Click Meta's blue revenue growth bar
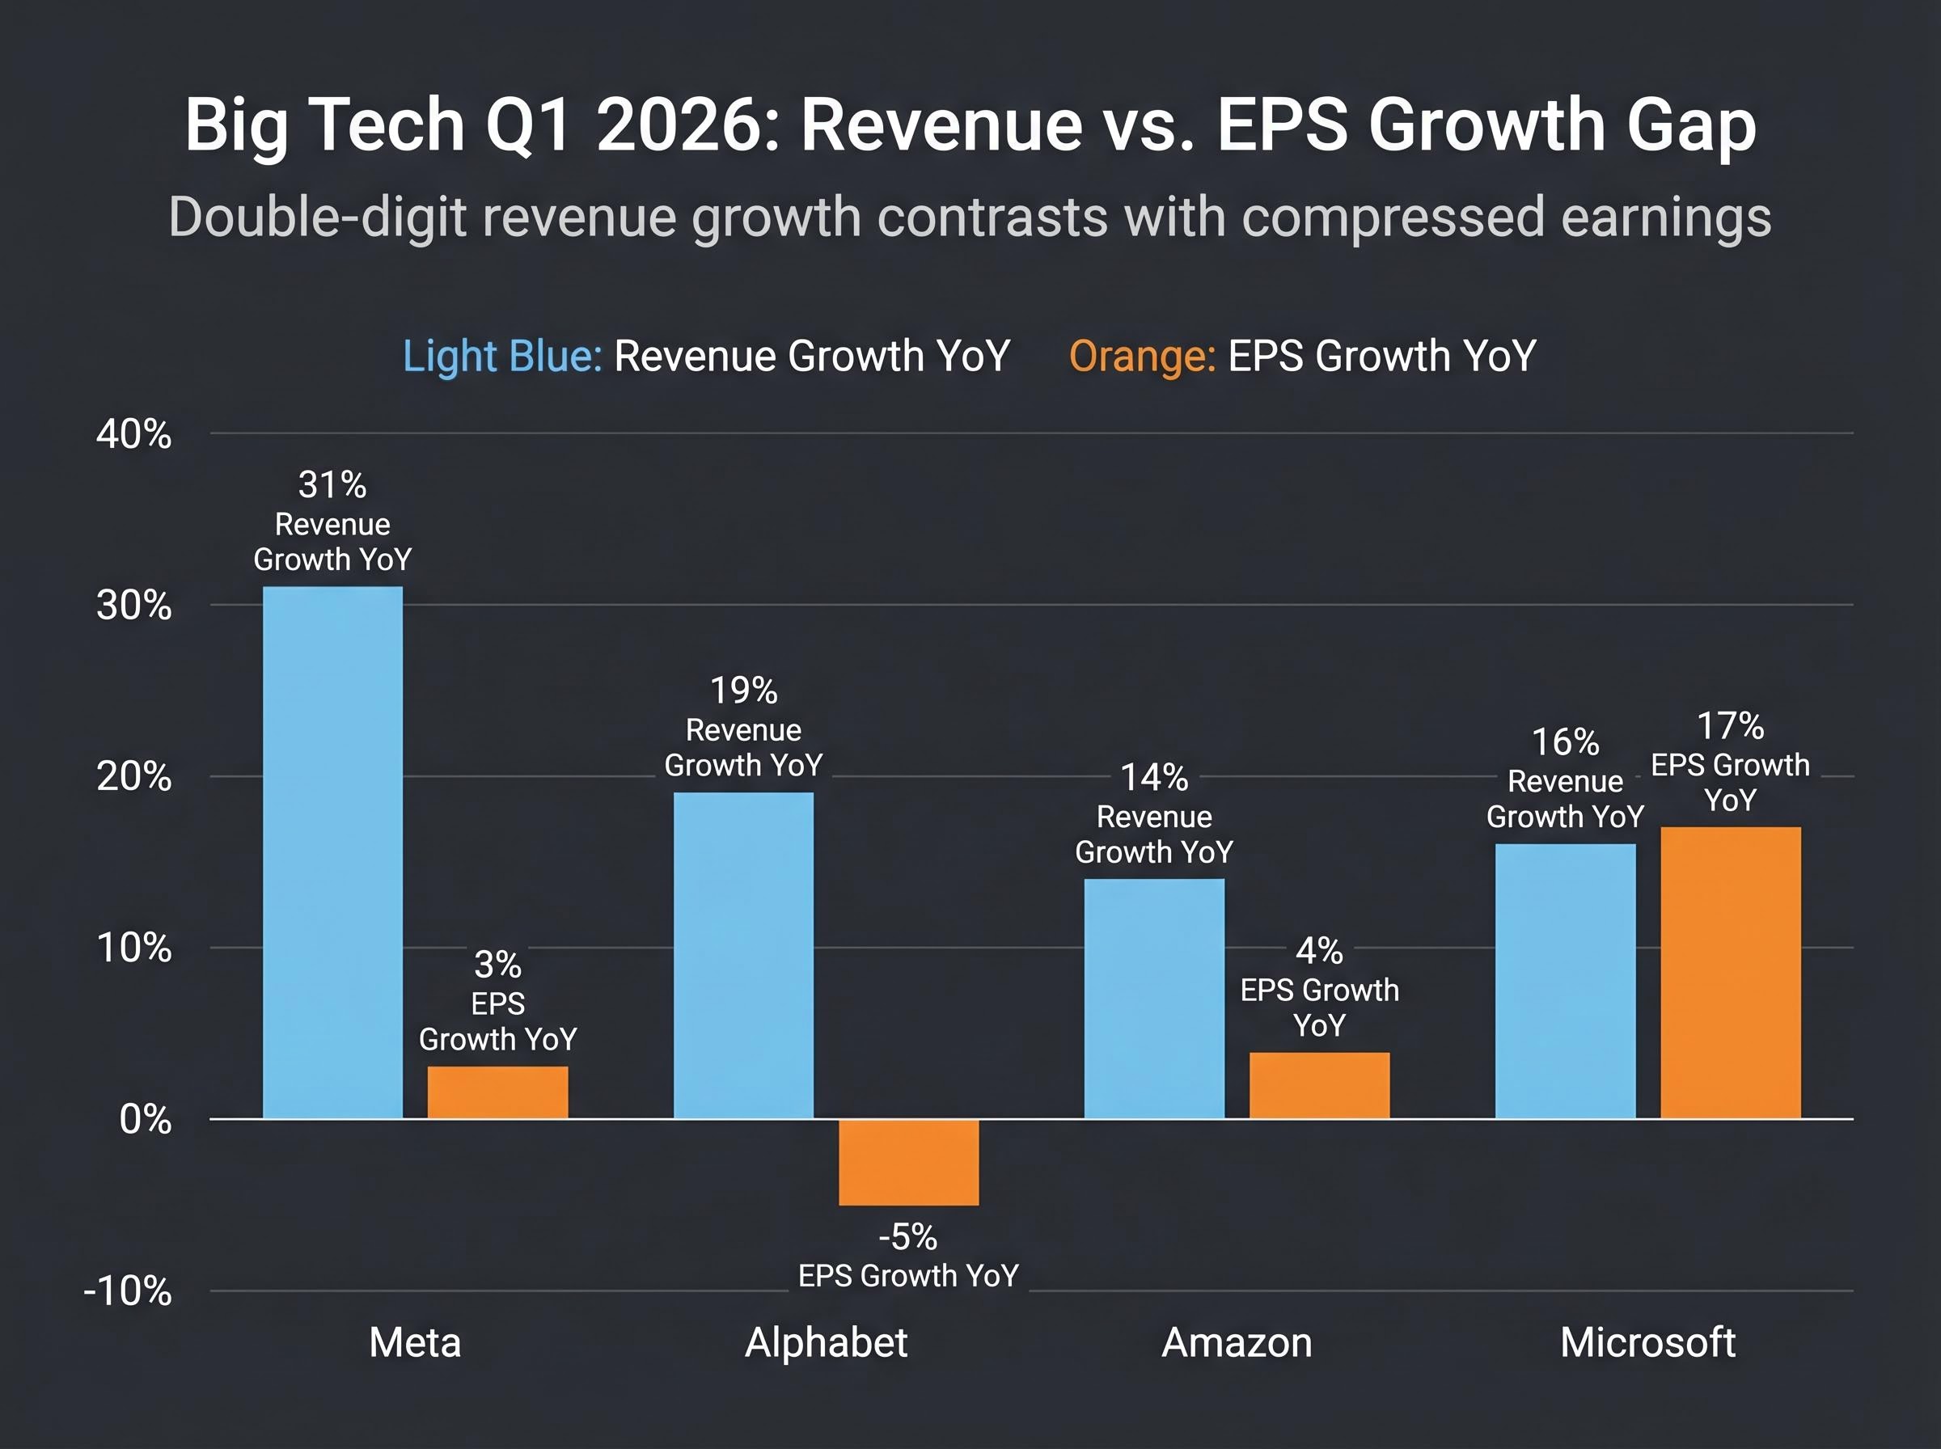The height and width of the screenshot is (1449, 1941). pyautogui.click(x=332, y=851)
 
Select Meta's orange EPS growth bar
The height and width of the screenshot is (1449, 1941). pyautogui.click(x=497, y=1092)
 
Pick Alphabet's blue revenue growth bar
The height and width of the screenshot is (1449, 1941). pyautogui.click(x=743, y=955)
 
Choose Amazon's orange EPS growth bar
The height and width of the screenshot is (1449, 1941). pyautogui.click(x=1318, y=1085)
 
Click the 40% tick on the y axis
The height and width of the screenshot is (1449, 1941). pyautogui.click(x=133, y=434)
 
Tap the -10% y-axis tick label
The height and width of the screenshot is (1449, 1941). pyautogui.click(x=127, y=1291)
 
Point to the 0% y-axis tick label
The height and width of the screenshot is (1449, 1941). pyautogui.click(x=145, y=1120)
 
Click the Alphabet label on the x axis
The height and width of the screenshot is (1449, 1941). pyautogui.click(x=826, y=1343)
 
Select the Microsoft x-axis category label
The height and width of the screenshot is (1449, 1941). pyautogui.click(x=1647, y=1343)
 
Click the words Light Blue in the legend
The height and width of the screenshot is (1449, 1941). pyautogui.click(x=501, y=356)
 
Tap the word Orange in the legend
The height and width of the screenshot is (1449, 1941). pyautogui.click(x=1141, y=356)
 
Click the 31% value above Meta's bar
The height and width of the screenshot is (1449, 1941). pyautogui.click(x=332, y=484)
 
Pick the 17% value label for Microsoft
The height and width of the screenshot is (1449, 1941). pyautogui.click(x=1730, y=725)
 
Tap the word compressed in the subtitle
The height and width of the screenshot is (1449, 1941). pyautogui.click(x=1393, y=217)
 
